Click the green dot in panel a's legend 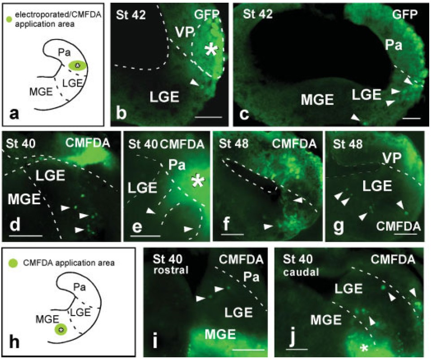coord(9,19)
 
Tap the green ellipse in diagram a coord(78,66)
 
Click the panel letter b coord(121,113)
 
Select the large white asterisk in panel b coord(211,50)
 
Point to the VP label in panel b coord(184,32)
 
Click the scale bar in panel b coord(209,117)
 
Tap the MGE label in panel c coord(317,99)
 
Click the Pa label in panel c coord(394,45)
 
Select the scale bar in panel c coord(412,119)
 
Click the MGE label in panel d coord(24,199)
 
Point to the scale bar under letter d coord(26,236)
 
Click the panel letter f coord(226,225)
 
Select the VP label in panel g coord(392,158)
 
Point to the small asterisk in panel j coord(364,348)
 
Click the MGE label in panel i coord(221,334)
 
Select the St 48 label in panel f coord(234,144)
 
